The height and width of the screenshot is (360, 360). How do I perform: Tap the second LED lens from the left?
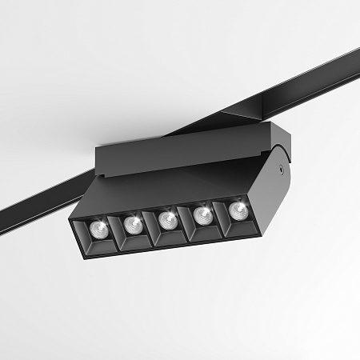[x=133, y=225]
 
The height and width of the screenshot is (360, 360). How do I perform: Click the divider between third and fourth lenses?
[x=186, y=220]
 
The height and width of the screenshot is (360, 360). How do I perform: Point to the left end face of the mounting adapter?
[x=99, y=162]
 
